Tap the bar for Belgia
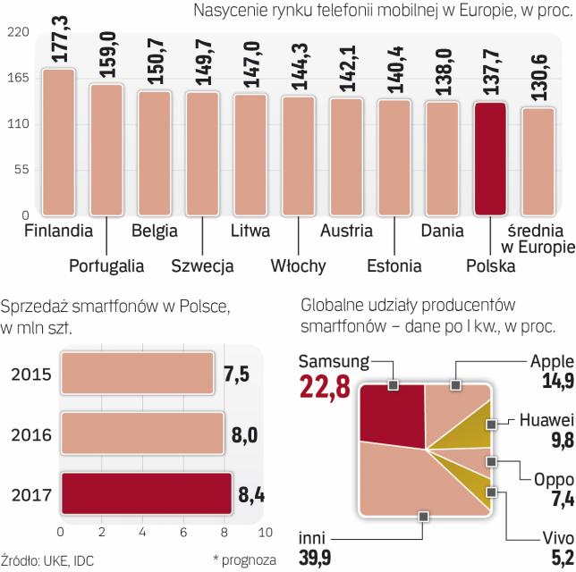pyautogui.click(x=154, y=152)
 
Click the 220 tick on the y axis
pyautogui.click(x=20, y=32)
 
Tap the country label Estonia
pyautogui.click(x=394, y=265)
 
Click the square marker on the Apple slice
pyautogui.click(x=455, y=385)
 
